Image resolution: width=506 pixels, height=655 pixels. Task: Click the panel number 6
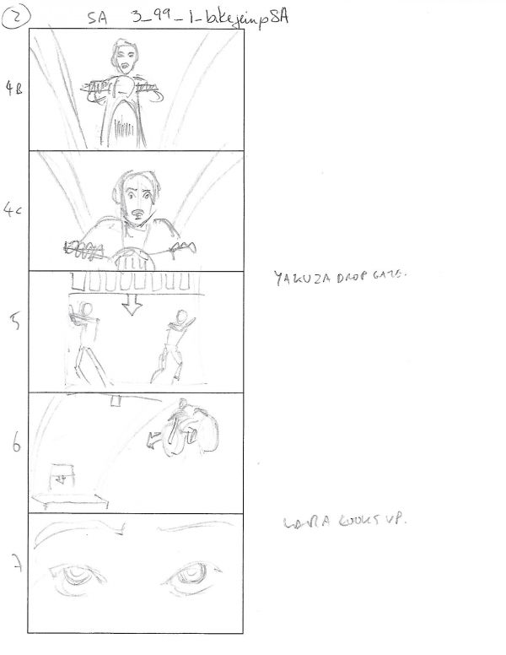(x=15, y=446)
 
